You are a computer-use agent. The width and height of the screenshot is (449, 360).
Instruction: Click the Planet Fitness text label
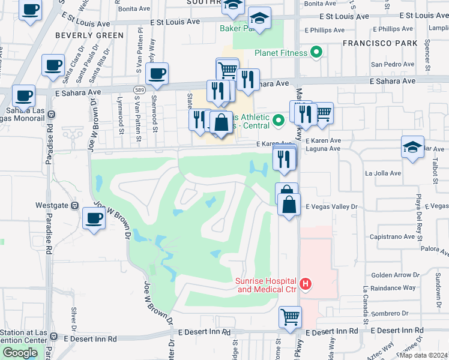[x=281, y=53]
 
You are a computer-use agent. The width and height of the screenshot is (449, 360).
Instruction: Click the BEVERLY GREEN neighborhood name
[x=89, y=35]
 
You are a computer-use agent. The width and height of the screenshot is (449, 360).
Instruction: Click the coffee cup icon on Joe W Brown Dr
[x=94, y=218]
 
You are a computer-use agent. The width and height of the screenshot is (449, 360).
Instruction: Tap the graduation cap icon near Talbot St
[x=413, y=147]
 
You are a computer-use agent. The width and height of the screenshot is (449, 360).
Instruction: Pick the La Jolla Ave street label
[x=383, y=173]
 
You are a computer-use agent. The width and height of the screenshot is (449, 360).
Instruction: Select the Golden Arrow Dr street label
[x=395, y=275]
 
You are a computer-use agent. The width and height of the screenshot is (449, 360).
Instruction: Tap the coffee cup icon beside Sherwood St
[x=157, y=74]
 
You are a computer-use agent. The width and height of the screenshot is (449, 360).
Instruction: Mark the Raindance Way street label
[x=393, y=288]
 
